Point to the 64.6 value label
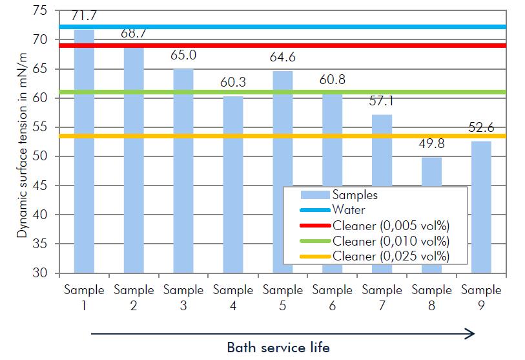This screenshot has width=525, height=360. tap(282, 59)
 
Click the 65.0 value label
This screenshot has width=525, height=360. tap(183, 56)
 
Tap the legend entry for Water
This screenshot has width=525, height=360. tap(349, 209)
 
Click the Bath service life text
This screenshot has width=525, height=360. tap(278, 348)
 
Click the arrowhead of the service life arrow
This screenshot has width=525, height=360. tap(470, 334)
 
